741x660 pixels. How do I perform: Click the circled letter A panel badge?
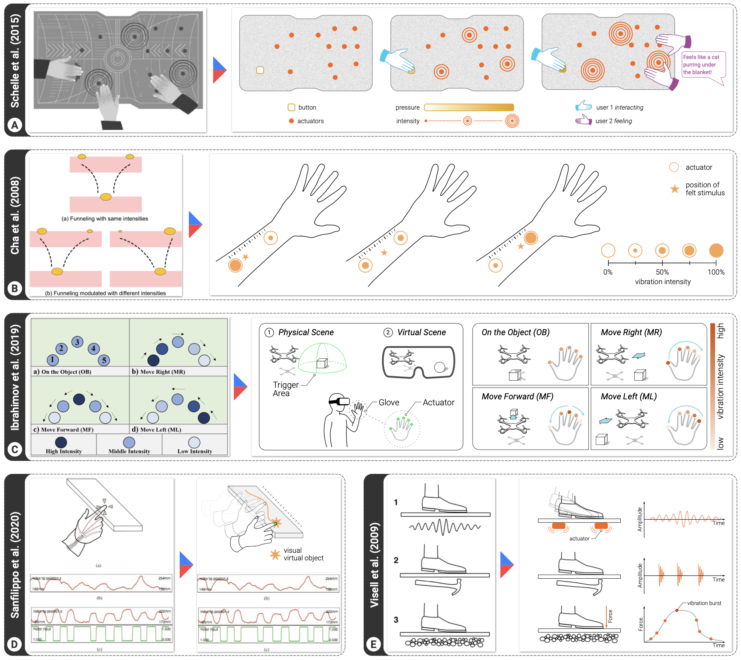pos(15,125)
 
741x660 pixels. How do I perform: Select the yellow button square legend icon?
pos(291,108)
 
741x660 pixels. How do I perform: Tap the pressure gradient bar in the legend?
pos(469,108)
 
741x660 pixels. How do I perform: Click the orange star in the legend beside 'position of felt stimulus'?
pos(674,189)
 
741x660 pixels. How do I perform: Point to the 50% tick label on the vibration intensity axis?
pos(662,272)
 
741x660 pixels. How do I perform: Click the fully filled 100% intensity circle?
pos(716,251)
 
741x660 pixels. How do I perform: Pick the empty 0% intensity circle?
pos(608,251)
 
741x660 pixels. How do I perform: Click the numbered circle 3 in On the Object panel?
pos(77,342)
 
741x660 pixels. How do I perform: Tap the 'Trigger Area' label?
pos(285,389)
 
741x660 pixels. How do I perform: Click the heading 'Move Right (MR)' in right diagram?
pos(631,332)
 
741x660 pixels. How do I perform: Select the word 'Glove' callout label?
pos(389,403)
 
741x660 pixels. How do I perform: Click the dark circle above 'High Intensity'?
pos(61,442)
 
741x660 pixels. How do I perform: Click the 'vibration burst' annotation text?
pos(704,603)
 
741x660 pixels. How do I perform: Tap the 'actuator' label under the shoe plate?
pos(579,538)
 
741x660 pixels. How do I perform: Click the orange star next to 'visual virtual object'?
pos(275,554)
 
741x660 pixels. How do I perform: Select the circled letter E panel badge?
pos(373,644)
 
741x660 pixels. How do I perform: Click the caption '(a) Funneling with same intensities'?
pos(105,218)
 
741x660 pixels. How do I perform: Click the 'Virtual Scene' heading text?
pos(421,332)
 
